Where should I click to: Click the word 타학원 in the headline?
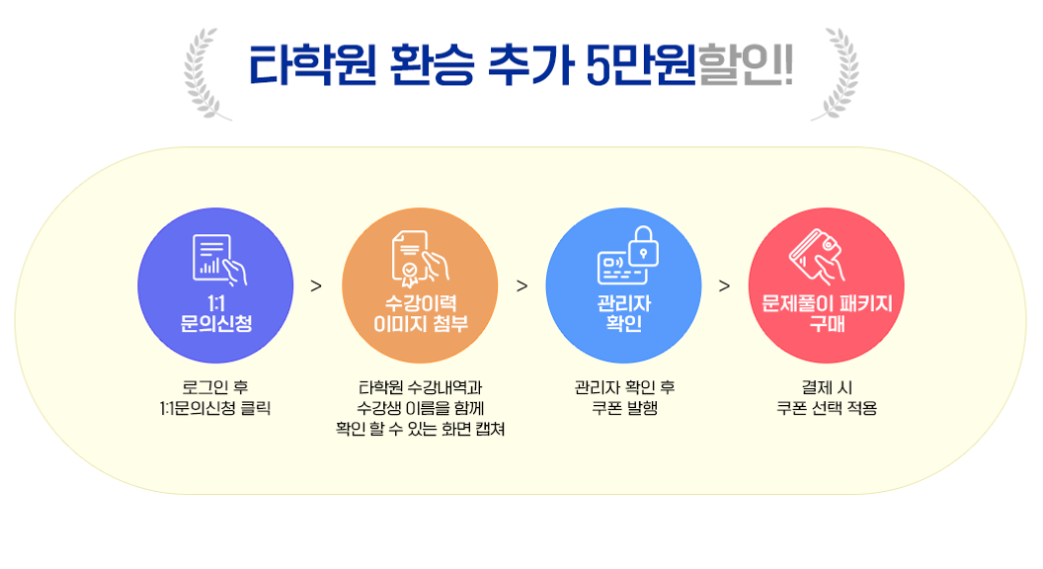[x=313, y=65]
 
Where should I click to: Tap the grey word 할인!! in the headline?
[x=745, y=65]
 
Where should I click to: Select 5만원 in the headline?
[x=641, y=65]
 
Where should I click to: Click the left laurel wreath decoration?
[x=204, y=73]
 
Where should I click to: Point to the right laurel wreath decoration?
[x=837, y=73]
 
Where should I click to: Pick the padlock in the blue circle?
[x=643, y=246]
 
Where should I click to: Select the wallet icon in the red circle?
[x=819, y=256]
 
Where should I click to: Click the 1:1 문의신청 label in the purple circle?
[x=216, y=313]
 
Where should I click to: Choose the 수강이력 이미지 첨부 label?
[x=421, y=313]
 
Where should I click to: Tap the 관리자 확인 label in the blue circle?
[x=624, y=313]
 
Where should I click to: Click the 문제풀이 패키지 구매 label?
[x=827, y=313]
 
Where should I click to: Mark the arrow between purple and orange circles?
[x=316, y=286]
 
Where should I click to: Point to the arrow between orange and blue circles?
[x=522, y=286]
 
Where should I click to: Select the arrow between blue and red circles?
[x=724, y=286]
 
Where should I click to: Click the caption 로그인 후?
[x=215, y=387]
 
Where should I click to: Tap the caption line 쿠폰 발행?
[x=624, y=408]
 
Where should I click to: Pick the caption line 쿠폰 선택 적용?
[x=827, y=408]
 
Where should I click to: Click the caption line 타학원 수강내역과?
[x=421, y=387]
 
